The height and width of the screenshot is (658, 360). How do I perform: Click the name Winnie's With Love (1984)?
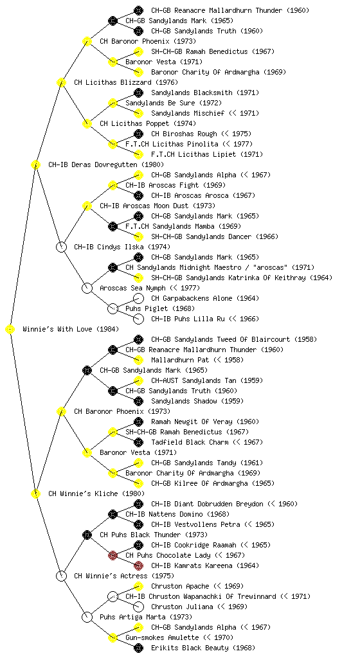point(71,329)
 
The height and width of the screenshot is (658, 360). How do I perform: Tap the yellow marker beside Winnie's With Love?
point(10,330)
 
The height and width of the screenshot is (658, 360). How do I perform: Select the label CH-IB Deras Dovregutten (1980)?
point(106,164)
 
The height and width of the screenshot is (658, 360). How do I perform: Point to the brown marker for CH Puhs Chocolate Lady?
point(113,555)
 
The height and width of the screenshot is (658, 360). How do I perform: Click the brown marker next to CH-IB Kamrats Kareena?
point(138,565)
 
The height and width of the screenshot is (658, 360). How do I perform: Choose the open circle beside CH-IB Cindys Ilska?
point(61,247)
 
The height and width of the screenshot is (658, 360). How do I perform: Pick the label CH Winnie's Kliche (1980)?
point(96,493)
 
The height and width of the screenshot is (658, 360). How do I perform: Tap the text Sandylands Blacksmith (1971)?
point(199,93)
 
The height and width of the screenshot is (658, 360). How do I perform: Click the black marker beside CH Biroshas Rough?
point(138,134)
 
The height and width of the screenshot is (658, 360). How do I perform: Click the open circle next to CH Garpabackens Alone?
point(138,298)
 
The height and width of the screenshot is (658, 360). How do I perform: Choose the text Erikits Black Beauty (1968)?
point(203,648)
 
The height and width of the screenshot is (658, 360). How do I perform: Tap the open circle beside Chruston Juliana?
point(138,607)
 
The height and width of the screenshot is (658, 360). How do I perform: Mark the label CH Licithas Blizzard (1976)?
point(126,82)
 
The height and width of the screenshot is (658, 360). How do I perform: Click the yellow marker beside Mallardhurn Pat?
point(138,360)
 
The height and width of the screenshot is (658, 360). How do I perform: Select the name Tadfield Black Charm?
point(190,442)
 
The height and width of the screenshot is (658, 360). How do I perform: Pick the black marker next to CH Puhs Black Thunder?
point(87,535)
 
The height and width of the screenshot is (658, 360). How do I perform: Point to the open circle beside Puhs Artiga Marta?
point(87,618)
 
